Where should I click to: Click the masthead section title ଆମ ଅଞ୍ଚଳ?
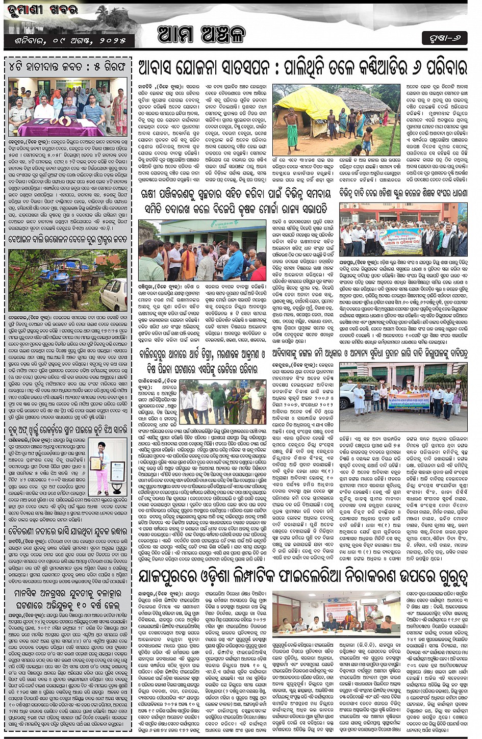coord(201,35)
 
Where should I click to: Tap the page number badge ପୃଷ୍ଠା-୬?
coord(444,38)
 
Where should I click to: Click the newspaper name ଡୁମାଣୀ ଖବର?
coord(42,10)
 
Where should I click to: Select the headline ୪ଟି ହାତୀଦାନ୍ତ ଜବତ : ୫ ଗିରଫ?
coord(67,67)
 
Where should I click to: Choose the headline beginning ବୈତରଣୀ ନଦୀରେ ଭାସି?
coord(67,531)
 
